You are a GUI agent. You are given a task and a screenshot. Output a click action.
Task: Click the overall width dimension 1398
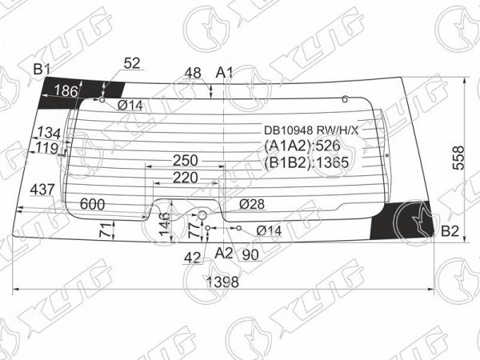tap(222, 282)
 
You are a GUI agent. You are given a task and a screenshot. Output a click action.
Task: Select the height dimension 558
tap(458, 158)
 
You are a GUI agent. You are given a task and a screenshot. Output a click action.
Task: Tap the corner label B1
tap(42, 70)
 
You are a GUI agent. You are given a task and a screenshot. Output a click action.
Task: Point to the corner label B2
tap(450, 231)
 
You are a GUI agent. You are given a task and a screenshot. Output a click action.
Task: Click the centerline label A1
tap(224, 73)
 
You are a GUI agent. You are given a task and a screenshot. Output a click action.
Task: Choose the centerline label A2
tap(224, 253)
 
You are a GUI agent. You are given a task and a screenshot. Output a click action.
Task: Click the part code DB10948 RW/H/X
tap(311, 130)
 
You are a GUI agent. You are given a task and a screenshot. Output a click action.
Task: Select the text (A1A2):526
tap(302, 146)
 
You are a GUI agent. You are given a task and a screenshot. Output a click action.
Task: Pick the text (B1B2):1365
tap(306, 162)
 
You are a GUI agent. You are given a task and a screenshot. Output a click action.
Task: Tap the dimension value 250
tap(186, 161)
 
